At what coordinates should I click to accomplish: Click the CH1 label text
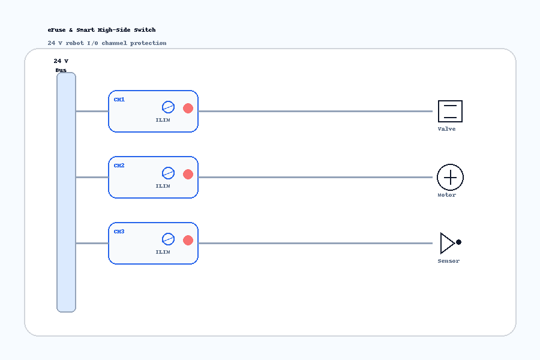(119, 100)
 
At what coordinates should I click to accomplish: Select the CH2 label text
(119, 166)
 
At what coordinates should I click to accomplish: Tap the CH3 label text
(119, 232)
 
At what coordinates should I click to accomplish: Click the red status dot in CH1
(188, 108)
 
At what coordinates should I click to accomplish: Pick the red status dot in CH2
(188, 175)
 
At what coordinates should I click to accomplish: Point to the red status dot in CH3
(188, 240)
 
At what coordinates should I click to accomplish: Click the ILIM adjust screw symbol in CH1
(168, 107)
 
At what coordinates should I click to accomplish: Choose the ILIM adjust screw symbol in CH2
(168, 173)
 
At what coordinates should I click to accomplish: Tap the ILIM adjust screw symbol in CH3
(168, 239)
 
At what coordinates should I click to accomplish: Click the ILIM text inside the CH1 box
(163, 120)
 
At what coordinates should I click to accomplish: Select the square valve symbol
(450, 111)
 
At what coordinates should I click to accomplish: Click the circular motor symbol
(450, 178)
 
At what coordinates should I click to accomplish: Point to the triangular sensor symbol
(448, 243)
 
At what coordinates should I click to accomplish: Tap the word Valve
(446, 129)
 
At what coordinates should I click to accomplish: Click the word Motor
(446, 195)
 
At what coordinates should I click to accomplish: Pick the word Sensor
(449, 261)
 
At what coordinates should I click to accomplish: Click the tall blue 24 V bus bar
(66, 192)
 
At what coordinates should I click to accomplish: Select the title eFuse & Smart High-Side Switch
(101, 30)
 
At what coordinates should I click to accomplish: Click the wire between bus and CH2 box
(92, 178)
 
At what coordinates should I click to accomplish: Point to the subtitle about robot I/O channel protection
(107, 43)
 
